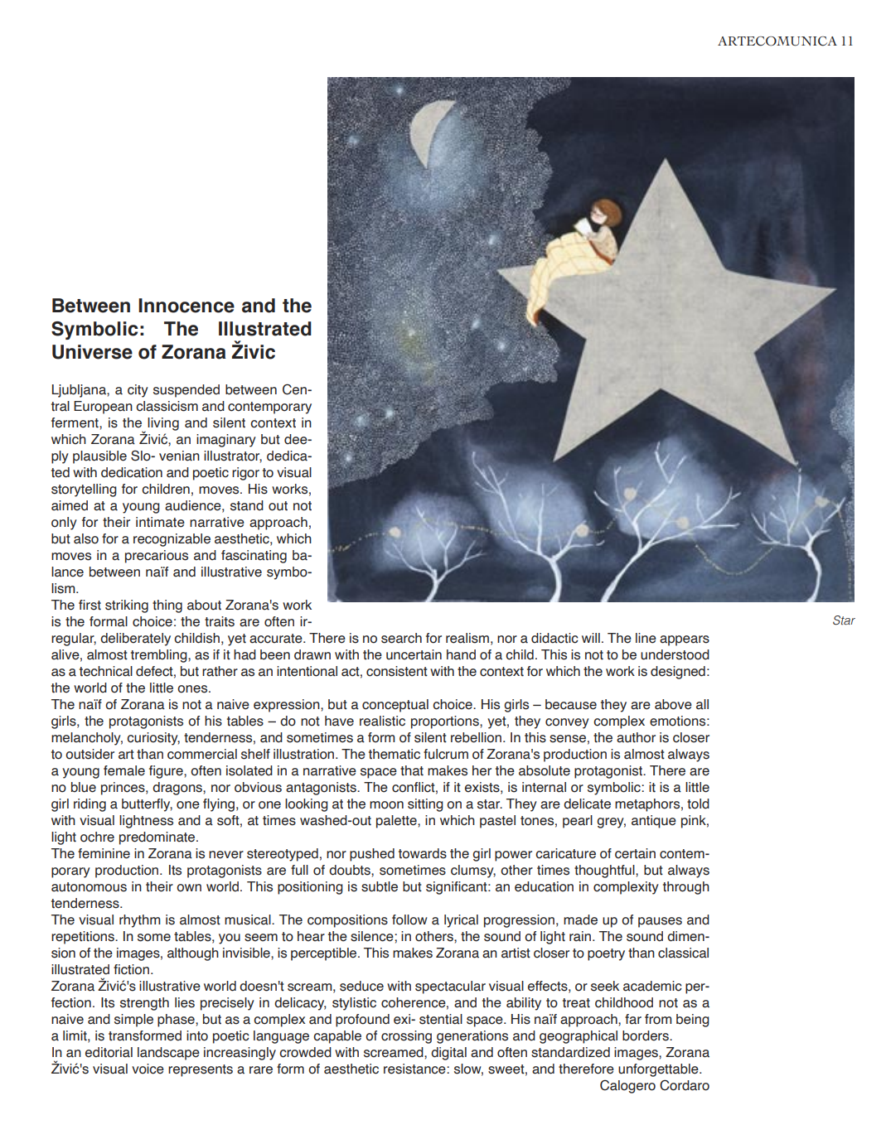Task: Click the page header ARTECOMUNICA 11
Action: point(785,41)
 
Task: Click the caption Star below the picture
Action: point(843,620)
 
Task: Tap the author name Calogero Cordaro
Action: point(654,1086)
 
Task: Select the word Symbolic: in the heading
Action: point(98,329)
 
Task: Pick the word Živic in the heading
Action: point(253,352)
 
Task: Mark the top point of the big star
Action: point(665,162)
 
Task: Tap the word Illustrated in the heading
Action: point(264,329)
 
